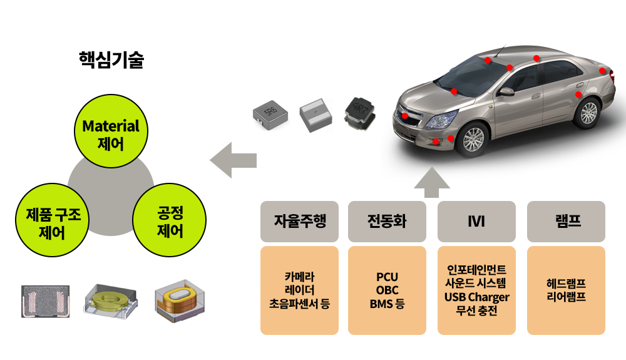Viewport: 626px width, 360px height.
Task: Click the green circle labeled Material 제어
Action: [x=111, y=134]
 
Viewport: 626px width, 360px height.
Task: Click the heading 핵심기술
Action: [x=111, y=61]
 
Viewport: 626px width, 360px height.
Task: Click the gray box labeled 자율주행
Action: [x=299, y=222]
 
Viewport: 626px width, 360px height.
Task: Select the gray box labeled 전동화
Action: [x=387, y=222]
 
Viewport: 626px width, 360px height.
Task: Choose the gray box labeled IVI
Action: [x=476, y=222]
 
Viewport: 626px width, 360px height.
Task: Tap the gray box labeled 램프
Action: [x=567, y=222]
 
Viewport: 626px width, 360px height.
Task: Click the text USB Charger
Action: [x=477, y=297]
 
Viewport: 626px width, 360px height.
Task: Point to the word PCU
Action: [x=387, y=277]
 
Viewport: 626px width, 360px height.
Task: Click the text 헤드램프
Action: [x=567, y=283]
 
